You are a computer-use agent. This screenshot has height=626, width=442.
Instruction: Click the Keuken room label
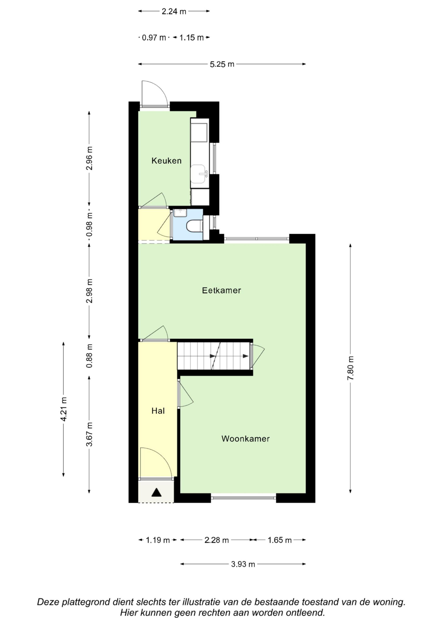(166, 161)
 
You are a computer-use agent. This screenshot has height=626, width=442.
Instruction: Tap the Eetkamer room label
(221, 290)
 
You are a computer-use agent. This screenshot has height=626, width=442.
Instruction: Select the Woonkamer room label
(245, 439)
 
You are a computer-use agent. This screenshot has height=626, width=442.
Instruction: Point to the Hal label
(158, 411)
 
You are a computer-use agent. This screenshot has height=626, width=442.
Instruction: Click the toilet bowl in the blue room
(194, 226)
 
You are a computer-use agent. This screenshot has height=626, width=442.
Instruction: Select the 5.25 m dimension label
(222, 64)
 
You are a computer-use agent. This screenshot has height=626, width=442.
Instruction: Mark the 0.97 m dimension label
(154, 38)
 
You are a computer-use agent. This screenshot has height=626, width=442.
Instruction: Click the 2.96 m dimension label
(89, 158)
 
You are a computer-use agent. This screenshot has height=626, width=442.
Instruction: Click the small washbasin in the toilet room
(180, 213)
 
